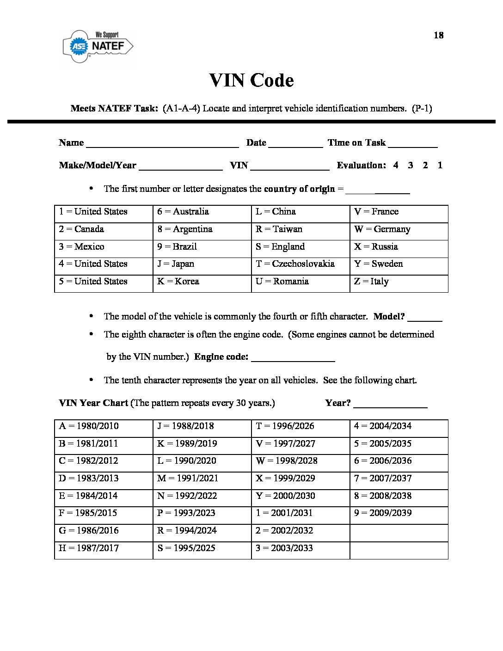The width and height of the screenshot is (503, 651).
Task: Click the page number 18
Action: [x=438, y=35]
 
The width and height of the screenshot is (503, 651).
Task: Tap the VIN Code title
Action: [x=251, y=80]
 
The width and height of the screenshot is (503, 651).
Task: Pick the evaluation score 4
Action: [x=396, y=165]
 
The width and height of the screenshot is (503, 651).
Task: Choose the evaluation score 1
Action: [x=440, y=165]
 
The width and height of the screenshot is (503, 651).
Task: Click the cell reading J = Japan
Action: [x=202, y=264]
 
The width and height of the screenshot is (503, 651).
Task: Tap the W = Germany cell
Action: [x=399, y=229]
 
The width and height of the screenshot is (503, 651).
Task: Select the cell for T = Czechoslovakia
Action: [x=300, y=264]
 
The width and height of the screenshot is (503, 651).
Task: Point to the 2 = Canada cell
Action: [x=103, y=229]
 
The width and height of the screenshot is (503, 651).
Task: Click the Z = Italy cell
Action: [x=399, y=282]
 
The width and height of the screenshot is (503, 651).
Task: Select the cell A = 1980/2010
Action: [x=103, y=426]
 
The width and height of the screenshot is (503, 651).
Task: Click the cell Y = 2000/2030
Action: [x=300, y=496]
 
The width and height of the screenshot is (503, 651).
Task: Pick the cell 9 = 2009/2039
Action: [x=399, y=513]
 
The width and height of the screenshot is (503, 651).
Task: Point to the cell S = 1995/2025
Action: [x=202, y=548]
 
